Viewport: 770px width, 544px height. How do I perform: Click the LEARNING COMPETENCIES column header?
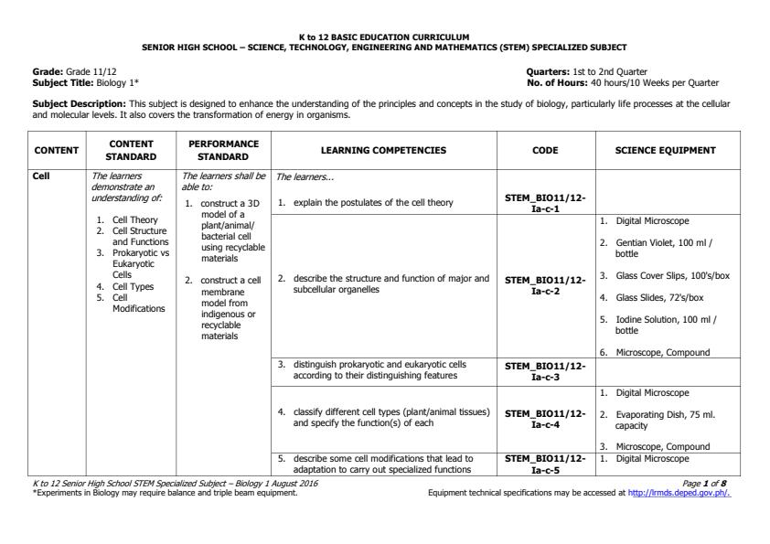384,150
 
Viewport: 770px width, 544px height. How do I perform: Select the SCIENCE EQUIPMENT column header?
665,150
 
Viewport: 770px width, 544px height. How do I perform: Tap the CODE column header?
545,150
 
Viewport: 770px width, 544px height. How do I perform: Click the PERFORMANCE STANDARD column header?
223,150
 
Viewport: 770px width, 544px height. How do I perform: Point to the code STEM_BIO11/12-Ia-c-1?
545,203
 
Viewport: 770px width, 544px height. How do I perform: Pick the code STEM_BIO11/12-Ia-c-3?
545,370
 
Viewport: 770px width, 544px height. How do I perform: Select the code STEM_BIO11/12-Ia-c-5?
545,463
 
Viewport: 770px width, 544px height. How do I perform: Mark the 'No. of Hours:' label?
558,82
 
